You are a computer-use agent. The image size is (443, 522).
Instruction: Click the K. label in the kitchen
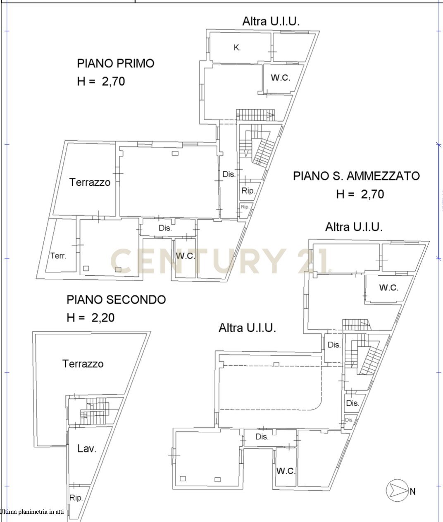(237, 48)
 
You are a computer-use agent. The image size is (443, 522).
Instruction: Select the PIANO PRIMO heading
(115, 63)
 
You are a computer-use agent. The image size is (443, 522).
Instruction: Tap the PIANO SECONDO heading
(116, 299)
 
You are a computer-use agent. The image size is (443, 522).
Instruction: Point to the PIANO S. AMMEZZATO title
(356, 176)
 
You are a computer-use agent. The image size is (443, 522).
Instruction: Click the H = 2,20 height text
(91, 318)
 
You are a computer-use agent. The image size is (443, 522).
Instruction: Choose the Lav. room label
(87, 448)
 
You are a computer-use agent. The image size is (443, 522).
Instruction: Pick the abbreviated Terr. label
(58, 256)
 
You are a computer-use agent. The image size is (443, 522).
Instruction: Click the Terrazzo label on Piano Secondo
(83, 364)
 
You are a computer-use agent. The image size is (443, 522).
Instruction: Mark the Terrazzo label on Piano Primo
(90, 182)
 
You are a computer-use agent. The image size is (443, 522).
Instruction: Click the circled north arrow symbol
(396, 491)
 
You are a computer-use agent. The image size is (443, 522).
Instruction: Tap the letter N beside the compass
(412, 491)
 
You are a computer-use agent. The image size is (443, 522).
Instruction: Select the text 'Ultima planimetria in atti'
(32, 512)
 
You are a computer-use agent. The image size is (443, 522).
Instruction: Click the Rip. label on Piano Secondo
(76, 498)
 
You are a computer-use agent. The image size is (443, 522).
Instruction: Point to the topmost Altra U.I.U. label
(271, 22)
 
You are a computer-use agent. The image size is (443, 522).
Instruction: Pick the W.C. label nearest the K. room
(280, 77)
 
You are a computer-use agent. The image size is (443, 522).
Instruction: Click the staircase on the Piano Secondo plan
(94, 409)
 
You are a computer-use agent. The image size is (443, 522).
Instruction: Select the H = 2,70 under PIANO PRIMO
(101, 81)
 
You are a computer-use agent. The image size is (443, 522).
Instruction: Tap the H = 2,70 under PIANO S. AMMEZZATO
(360, 194)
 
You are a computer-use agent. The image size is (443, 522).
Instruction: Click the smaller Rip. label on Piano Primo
(245, 207)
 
